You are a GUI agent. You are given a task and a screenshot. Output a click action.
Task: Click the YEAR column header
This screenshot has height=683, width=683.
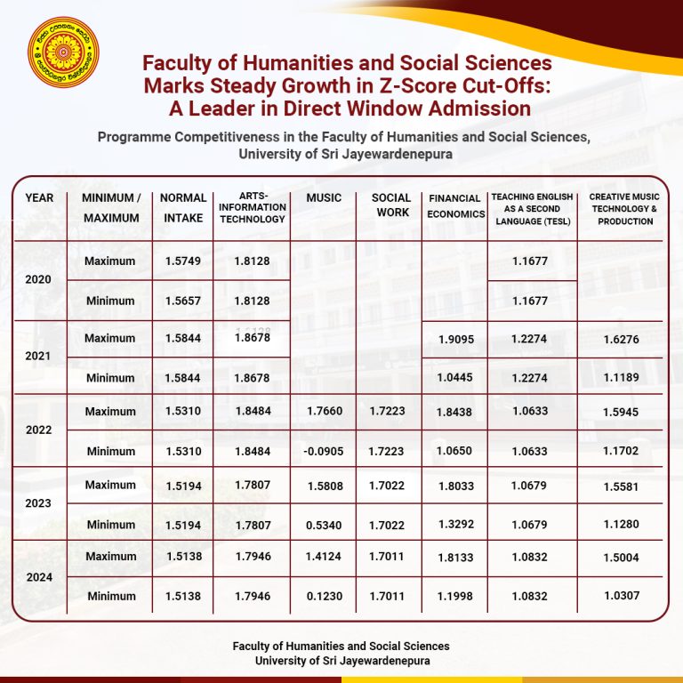(x=39, y=197)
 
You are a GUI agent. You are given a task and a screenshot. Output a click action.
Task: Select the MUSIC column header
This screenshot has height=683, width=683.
(x=323, y=197)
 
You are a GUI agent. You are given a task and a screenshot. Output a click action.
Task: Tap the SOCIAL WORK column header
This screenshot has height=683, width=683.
(x=391, y=205)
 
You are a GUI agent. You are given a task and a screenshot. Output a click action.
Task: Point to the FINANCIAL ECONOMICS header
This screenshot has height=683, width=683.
(x=454, y=205)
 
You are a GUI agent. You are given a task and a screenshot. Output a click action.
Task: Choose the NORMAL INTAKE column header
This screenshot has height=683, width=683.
(x=183, y=207)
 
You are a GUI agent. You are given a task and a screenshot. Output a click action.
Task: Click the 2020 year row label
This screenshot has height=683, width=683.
(x=38, y=279)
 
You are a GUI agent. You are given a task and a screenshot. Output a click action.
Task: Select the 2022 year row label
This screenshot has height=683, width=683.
(x=38, y=430)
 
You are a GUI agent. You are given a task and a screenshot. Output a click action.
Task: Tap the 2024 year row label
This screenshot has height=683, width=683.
(x=38, y=577)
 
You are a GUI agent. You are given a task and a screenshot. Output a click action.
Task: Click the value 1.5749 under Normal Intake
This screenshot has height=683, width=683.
(x=182, y=261)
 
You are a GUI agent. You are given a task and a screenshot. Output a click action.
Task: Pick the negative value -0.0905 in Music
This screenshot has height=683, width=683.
(x=323, y=452)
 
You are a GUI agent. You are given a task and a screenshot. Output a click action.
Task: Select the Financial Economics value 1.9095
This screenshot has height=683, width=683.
(x=454, y=339)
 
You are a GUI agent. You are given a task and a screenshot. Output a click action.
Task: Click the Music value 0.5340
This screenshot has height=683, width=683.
(x=323, y=525)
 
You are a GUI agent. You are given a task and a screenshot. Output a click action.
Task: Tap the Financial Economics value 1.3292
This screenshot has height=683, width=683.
(x=454, y=525)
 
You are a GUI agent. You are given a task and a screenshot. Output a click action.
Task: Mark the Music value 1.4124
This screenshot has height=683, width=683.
(x=323, y=558)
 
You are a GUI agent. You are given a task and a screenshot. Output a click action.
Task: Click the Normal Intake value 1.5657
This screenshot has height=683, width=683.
(x=182, y=301)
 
